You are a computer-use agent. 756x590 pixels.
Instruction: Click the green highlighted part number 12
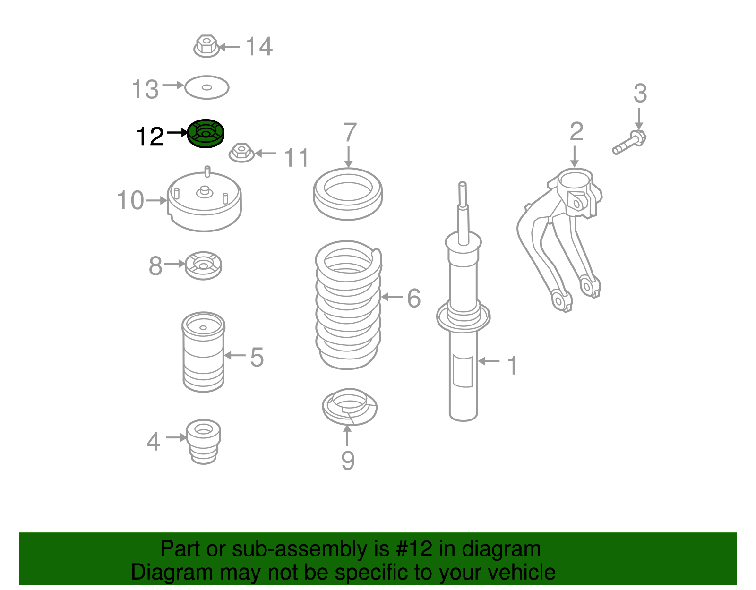pyautogui.click(x=206, y=134)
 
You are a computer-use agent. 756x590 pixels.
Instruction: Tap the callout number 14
pyautogui.click(x=259, y=47)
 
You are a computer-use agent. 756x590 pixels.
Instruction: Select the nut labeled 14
pyautogui.click(x=206, y=46)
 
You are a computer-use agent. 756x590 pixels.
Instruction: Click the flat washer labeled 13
pyautogui.click(x=206, y=87)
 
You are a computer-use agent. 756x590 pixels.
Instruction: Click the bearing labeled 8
pyautogui.click(x=203, y=265)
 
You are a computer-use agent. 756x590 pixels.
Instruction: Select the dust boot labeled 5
pyautogui.click(x=204, y=352)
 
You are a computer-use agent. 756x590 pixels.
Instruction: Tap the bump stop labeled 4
pyautogui.click(x=204, y=442)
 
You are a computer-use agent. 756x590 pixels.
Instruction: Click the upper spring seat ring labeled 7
pyautogui.click(x=348, y=194)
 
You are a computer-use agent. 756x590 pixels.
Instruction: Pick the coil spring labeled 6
pyautogui.click(x=348, y=305)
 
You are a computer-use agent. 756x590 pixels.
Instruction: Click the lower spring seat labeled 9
pyautogui.click(x=350, y=407)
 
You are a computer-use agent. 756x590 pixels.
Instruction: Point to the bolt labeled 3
pyautogui.click(x=629, y=142)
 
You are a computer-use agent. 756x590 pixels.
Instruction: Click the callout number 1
pyautogui.click(x=512, y=366)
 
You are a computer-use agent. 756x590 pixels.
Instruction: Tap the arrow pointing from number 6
pyautogui.click(x=392, y=297)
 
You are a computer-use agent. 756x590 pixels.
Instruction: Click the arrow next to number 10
pyautogui.click(x=156, y=200)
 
